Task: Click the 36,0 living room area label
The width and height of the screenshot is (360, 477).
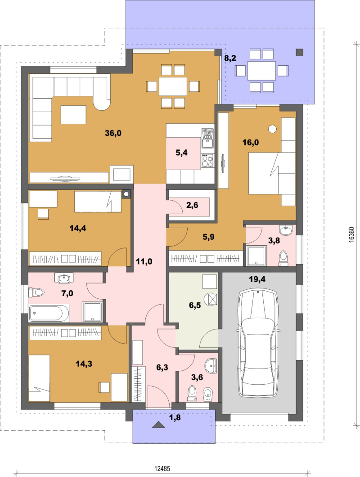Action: tap(113, 133)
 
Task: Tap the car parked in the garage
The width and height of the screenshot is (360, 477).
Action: tap(258, 343)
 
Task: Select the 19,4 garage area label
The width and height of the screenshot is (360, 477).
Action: tap(257, 279)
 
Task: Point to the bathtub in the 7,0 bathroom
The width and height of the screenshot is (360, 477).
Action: tap(49, 313)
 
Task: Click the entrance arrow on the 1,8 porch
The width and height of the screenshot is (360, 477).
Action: tap(158, 425)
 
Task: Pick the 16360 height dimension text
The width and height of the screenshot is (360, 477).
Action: tap(351, 234)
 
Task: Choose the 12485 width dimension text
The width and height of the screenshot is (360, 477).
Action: tap(162, 468)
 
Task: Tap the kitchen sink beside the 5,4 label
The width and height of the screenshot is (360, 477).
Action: tap(208, 139)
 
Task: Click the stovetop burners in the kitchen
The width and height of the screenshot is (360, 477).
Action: tap(207, 160)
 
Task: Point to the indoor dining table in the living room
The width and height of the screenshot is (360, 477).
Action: tap(173, 86)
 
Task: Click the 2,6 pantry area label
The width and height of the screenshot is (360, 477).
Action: tap(192, 205)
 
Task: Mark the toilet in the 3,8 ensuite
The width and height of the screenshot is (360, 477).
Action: tap(283, 258)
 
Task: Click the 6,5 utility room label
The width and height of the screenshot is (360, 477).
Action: tap(195, 305)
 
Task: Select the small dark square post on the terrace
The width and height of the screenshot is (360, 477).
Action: tap(300, 53)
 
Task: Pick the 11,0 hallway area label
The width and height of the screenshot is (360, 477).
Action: tap(144, 261)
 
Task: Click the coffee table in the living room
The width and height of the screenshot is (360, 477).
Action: tap(73, 114)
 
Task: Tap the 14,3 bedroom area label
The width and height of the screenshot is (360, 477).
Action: tap(84, 364)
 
